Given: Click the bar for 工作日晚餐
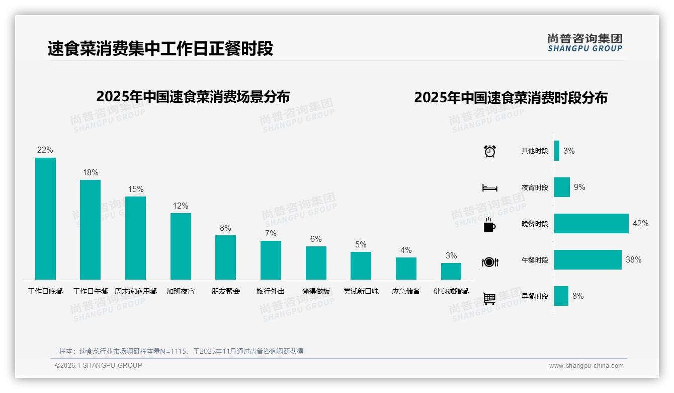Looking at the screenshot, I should [45, 219].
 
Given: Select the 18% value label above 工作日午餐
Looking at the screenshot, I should [91, 173].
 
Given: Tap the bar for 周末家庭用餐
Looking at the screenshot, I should [135, 238].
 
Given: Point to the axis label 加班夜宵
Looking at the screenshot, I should [181, 291].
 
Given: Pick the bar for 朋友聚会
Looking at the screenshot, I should [225, 257].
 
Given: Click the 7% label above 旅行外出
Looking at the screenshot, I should [271, 234].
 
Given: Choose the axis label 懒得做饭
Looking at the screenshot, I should [316, 291].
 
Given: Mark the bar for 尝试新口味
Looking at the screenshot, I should [361, 266].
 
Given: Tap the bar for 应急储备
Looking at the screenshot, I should [406, 269].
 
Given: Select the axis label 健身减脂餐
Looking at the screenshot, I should [451, 291].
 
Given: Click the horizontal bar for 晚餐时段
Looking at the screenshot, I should [591, 224].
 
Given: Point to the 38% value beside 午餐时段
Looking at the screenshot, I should [633, 260].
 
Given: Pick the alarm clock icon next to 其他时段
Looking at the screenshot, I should [489, 151].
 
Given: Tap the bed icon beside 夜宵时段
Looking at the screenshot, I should [489, 188].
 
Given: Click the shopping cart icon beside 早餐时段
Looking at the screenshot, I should [489, 298].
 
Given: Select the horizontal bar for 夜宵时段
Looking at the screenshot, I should [562, 187].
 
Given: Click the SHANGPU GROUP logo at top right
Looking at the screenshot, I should [584, 43].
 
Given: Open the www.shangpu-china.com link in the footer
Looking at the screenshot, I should [586, 366].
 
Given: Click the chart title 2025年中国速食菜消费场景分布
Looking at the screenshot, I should [193, 96].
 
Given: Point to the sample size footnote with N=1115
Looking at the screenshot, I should [181, 351].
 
